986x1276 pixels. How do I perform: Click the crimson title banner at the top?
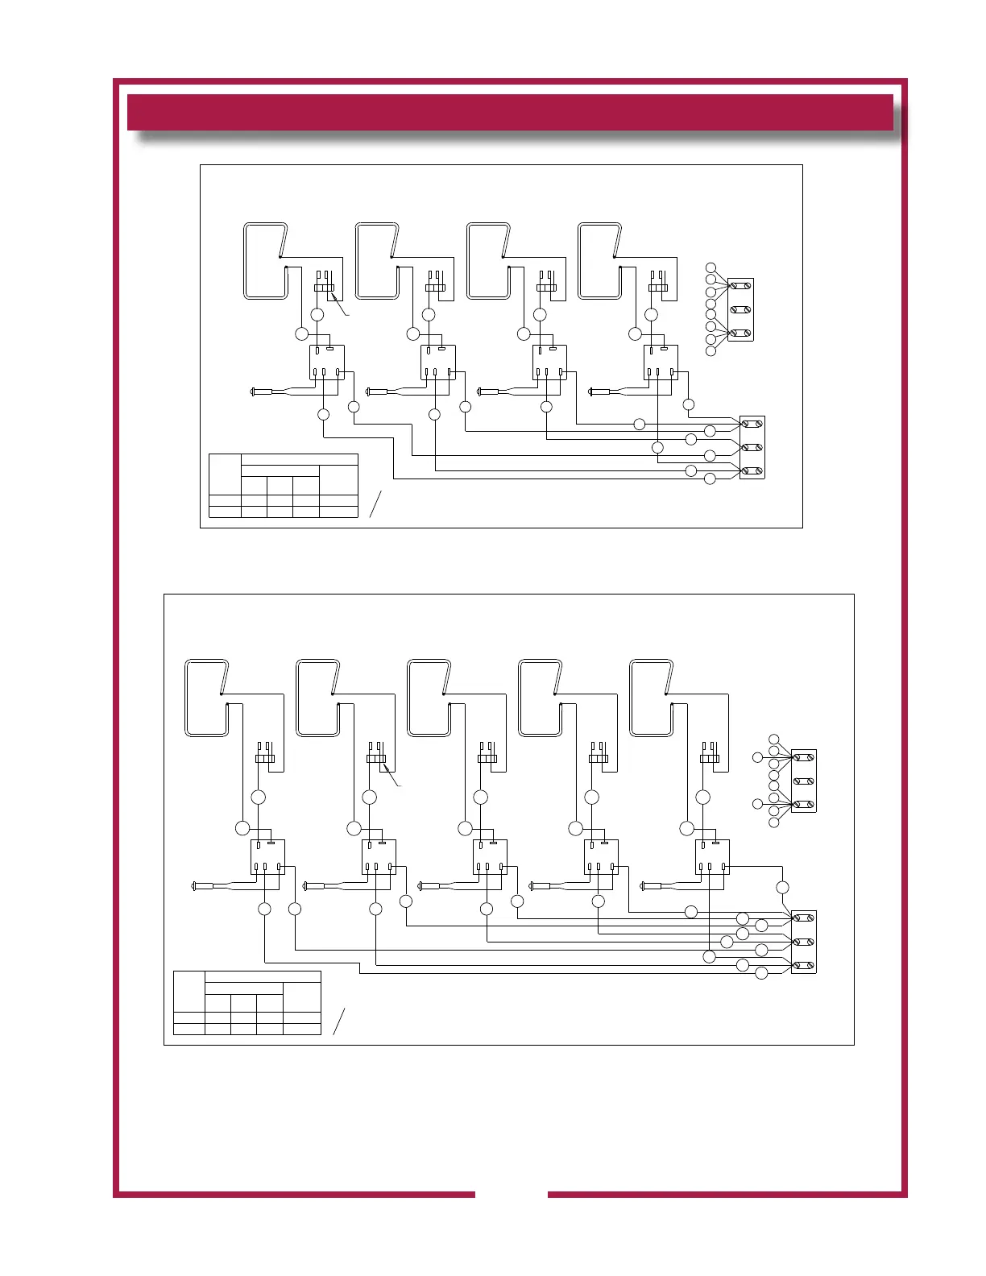510,112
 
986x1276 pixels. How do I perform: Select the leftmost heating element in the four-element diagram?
266,261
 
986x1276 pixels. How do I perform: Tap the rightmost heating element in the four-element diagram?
600,261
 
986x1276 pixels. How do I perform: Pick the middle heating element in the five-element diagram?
429,698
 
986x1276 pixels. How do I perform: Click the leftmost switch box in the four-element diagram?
327,362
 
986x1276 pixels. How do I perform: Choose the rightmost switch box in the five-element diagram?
712,857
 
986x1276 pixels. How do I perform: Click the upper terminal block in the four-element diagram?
740,309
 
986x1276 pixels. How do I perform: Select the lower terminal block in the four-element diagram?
752,447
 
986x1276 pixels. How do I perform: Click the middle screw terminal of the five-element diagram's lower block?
804,942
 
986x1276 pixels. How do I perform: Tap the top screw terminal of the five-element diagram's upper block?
804,757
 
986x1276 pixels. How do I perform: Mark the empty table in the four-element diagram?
284,485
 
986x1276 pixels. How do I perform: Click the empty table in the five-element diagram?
247,1002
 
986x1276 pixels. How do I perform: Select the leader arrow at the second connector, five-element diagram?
393,778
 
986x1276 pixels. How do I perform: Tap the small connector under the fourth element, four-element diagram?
658,286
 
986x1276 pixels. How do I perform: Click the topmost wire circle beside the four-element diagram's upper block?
710,267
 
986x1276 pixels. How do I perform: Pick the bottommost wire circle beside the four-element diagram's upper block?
710,351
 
